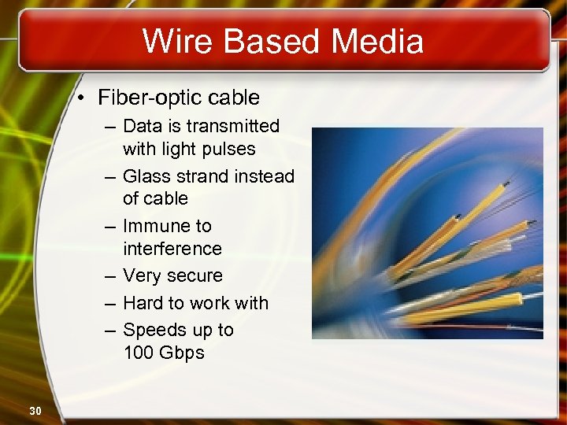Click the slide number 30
pyautogui.click(x=35, y=410)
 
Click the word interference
pyautogui.click(x=172, y=249)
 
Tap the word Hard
pyautogui.click(x=144, y=303)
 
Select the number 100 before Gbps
pyautogui.click(x=139, y=353)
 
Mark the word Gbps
pyautogui.click(x=181, y=353)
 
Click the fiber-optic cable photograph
pyautogui.click(x=427, y=233)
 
